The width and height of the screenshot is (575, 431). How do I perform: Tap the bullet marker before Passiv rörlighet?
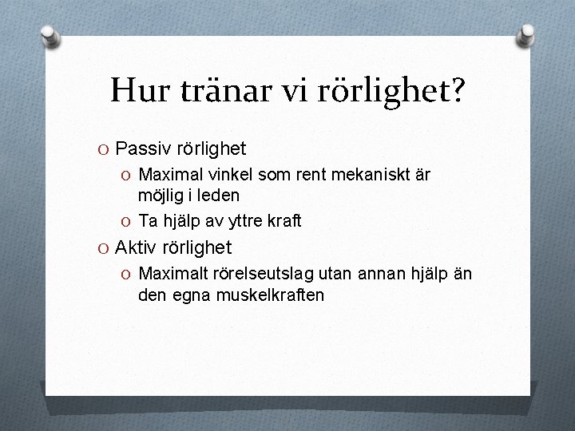(x=104, y=149)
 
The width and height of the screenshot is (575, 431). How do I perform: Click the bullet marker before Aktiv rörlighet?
(x=104, y=248)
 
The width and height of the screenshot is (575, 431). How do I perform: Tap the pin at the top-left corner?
(x=50, y=35)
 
